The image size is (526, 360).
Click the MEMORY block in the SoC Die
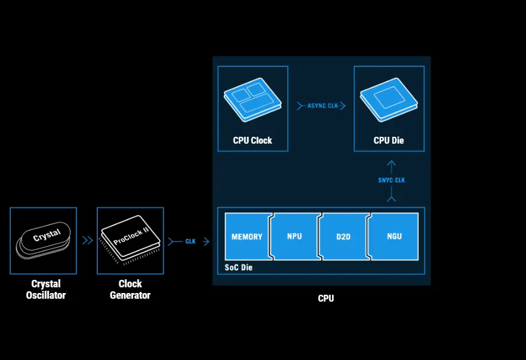pos(247,236)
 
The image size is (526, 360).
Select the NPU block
pos(294,236)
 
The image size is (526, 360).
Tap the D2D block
pos(342,236)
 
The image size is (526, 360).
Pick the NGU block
pos(394,236)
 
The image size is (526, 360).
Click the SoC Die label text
pos(238,267)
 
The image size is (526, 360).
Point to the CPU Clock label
pos(252,140)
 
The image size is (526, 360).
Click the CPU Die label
pos(389,140)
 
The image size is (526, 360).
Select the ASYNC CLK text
pos(323,106)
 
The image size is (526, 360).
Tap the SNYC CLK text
pos(391,180)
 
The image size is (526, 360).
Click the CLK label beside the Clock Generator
pos(191,242)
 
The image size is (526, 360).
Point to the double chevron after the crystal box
pos(87,241)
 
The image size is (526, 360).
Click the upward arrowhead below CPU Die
pos(391,164)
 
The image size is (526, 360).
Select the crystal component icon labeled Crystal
pos(43,239)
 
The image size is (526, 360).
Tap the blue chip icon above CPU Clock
pos(252,99)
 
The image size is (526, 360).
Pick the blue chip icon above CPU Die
pos(389,99)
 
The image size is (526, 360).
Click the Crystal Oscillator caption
pos(46,290)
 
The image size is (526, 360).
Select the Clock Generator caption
pos(130,290)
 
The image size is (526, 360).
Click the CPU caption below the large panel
pos(326,298)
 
